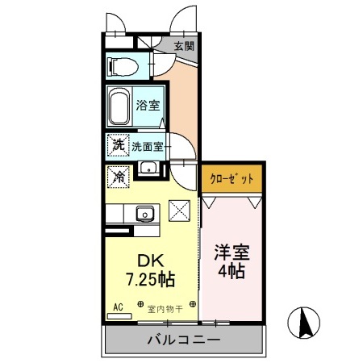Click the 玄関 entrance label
pyautogui.click(x=183, y=46)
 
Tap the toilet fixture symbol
pyautogui.click(x=123, y=65)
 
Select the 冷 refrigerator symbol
pyautogui.click(x=118, y=175)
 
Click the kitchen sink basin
pyautogui.click(x=146, y=214)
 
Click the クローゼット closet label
pyautogui.click(x=232, y=177)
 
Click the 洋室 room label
pyautogui.click(x=231, y=252)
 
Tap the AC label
pyautogui.click(x=118, y=307)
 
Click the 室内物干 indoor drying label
pyautogui.click(x=166, y=307)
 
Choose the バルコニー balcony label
pyautogui.click(x=183, y=340)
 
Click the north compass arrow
pyautogui.click(x=307, y=324)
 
